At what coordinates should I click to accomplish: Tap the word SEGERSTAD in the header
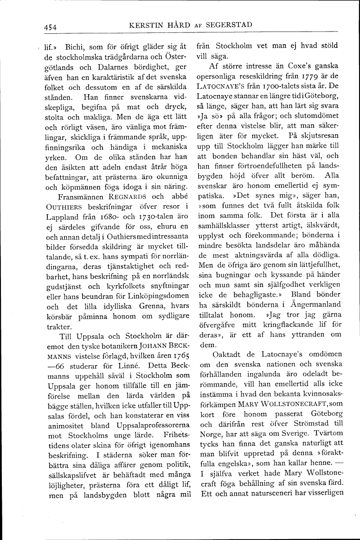pos(229,25)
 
